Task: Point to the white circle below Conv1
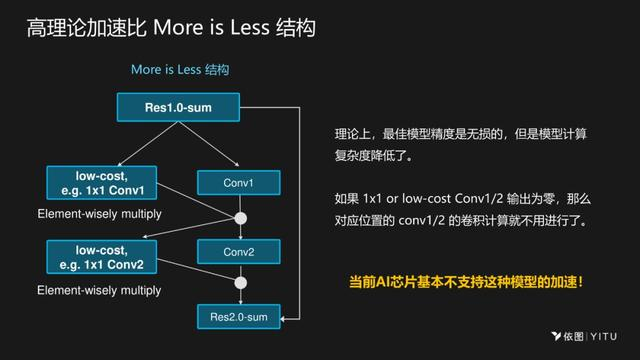(240, 217)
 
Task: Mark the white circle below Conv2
(240, 283)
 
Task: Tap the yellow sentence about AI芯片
(465, 283)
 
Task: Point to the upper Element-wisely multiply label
(99, 214)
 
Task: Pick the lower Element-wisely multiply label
(99, 290)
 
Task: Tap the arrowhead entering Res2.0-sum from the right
(286, 318)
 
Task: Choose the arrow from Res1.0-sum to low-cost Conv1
(140, 145)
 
